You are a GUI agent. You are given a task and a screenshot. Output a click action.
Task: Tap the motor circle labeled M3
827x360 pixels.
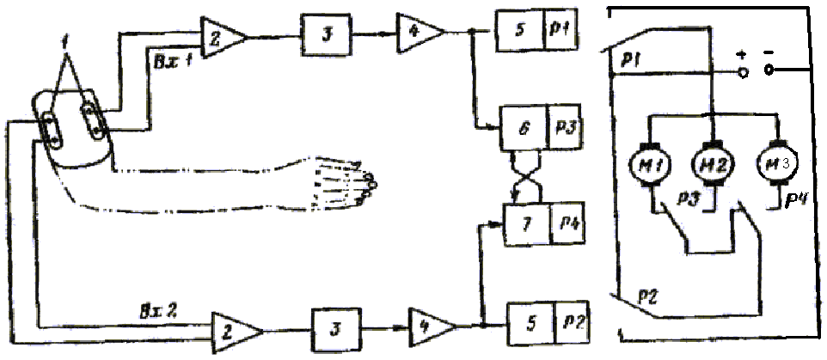777,163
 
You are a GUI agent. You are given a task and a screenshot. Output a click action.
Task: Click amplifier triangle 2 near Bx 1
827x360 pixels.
222,35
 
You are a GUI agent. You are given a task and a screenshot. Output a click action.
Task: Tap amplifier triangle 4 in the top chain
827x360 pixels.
420,34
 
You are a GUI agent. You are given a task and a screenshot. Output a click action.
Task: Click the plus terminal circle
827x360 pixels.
744,72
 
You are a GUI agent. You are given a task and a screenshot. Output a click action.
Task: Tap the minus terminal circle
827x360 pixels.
770,71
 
